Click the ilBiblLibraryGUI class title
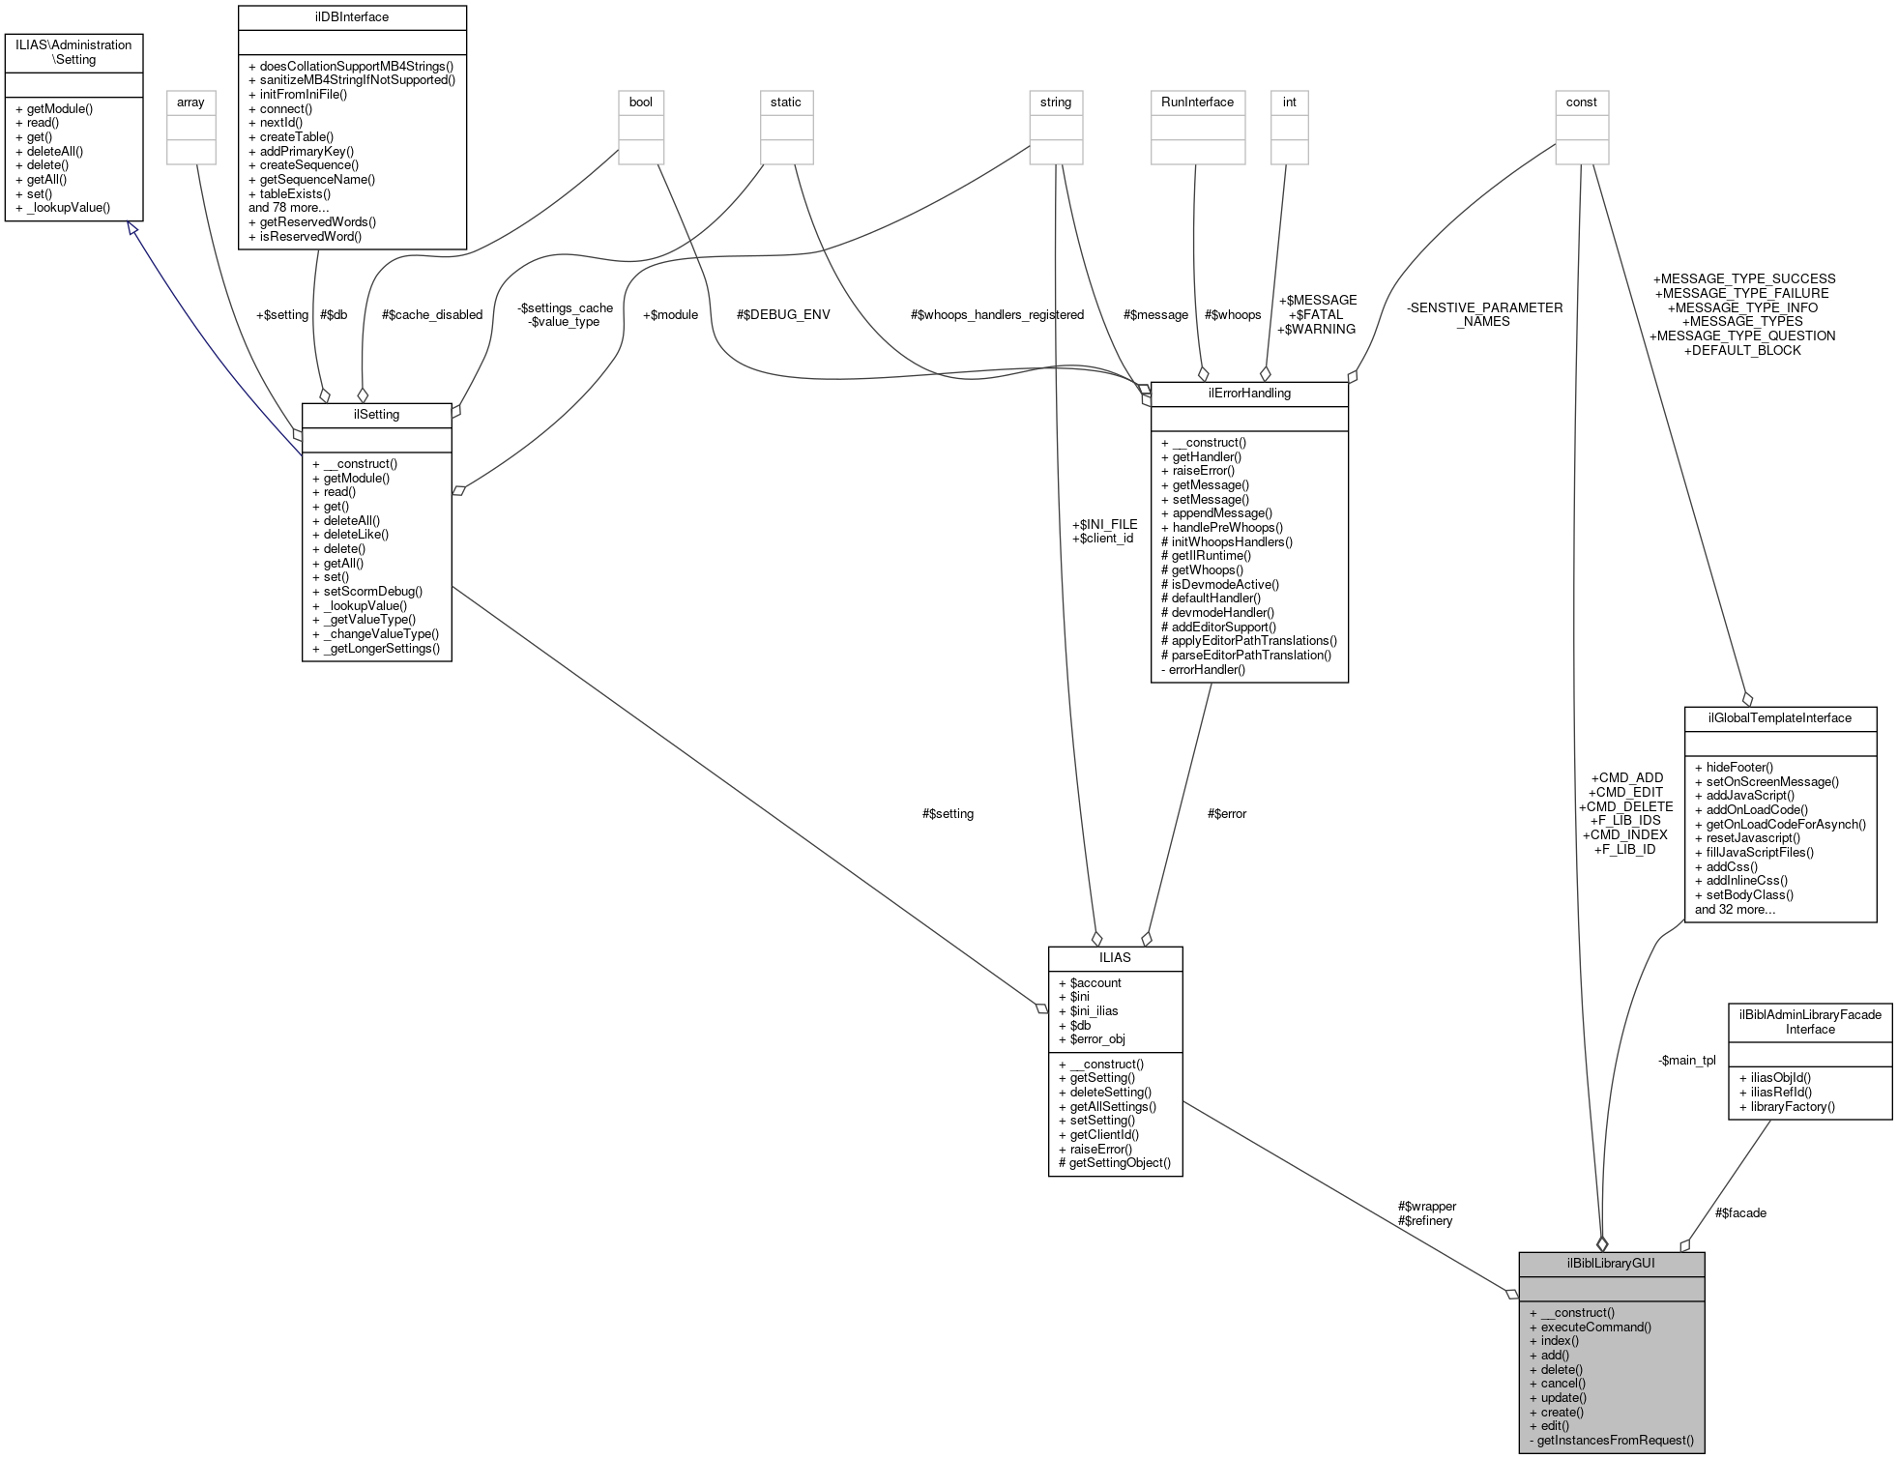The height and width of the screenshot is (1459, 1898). pyautogui.click(x=1611, y=1263)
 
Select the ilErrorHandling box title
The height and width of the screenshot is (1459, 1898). pyautogui.click(x=1248, y=394)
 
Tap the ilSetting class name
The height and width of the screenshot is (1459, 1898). pyautogui.click(x=376, y=414)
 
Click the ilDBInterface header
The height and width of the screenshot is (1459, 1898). pyautogui.click(x=352, y=16)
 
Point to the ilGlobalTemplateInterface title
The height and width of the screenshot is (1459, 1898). pyautogui.click(x=1779, y=717)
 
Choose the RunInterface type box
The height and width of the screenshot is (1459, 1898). pyautogui.click(x=1196, y=102)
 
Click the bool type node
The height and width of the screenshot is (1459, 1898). pyautogui.click(x=640, y=102)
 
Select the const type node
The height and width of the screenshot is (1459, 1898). pyautogui.click(x=1581, y=102)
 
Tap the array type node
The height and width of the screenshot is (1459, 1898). pyautogui.click(x=190, y=102)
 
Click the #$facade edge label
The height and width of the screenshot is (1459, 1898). pyautogui.click(x=1740, y=1212)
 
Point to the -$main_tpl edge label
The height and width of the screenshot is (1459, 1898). pyautogui.click(x=1686, y=1060)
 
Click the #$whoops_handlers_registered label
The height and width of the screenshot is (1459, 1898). pyautogui.click(x=997, y=314)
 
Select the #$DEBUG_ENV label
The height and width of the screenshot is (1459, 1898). pyautogui.click(x=782, y=314)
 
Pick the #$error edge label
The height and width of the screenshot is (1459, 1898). pyautogui.click(x=1227, y=813)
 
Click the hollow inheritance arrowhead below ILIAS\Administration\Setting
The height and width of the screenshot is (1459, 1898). pyautogui.click(x=132, y=228)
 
